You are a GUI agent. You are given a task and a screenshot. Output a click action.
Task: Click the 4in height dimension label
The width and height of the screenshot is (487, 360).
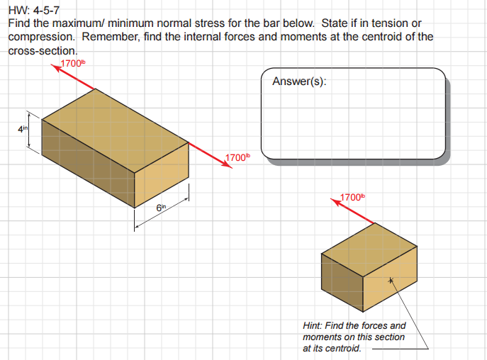click(22, 129)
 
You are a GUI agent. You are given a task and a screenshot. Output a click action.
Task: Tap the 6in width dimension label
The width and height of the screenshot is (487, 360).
click(161, 207)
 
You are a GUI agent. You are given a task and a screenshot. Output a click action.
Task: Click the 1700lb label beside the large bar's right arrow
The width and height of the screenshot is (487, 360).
click(237, 157)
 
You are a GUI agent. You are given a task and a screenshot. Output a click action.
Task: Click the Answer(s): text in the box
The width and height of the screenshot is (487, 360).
click(299, 81)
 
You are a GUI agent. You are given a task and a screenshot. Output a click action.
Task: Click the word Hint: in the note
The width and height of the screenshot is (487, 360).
click(315, 326)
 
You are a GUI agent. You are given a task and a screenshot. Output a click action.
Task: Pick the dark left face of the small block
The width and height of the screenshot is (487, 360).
click(342, 283)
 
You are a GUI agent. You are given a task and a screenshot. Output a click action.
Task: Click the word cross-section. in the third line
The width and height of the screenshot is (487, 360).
click(42, 50)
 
